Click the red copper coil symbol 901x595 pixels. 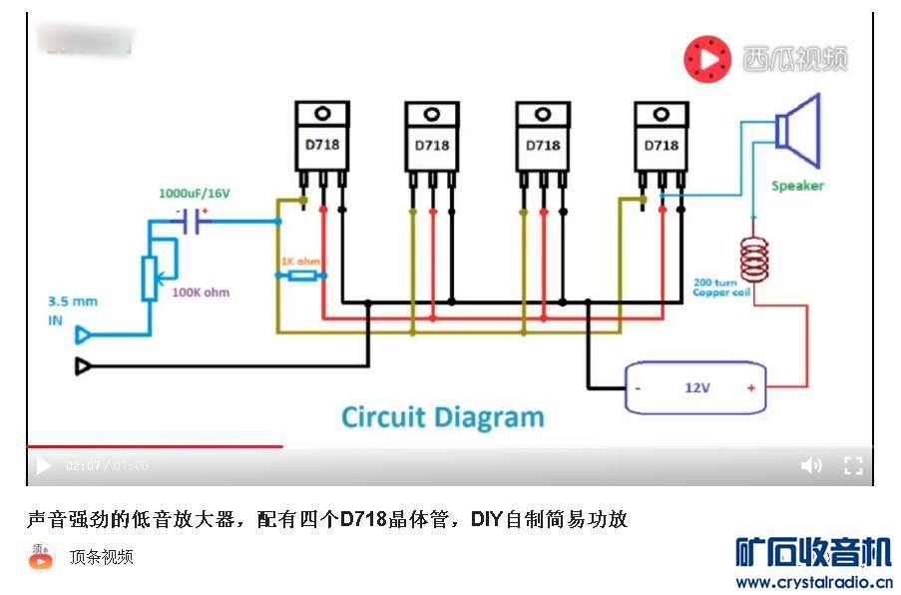754,258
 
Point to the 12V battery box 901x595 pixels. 694,387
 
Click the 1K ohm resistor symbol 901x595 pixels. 302,275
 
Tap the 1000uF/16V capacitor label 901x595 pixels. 193,192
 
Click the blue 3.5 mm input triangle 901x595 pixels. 85,334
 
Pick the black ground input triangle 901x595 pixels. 85,366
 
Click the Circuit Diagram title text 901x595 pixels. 443,416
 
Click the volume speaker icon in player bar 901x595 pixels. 811,465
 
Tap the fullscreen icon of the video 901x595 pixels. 853,465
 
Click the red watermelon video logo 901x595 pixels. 706,59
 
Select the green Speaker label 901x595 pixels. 797,186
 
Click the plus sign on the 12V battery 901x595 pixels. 750,387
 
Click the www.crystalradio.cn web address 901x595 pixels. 813,582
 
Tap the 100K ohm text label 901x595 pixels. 201,293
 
